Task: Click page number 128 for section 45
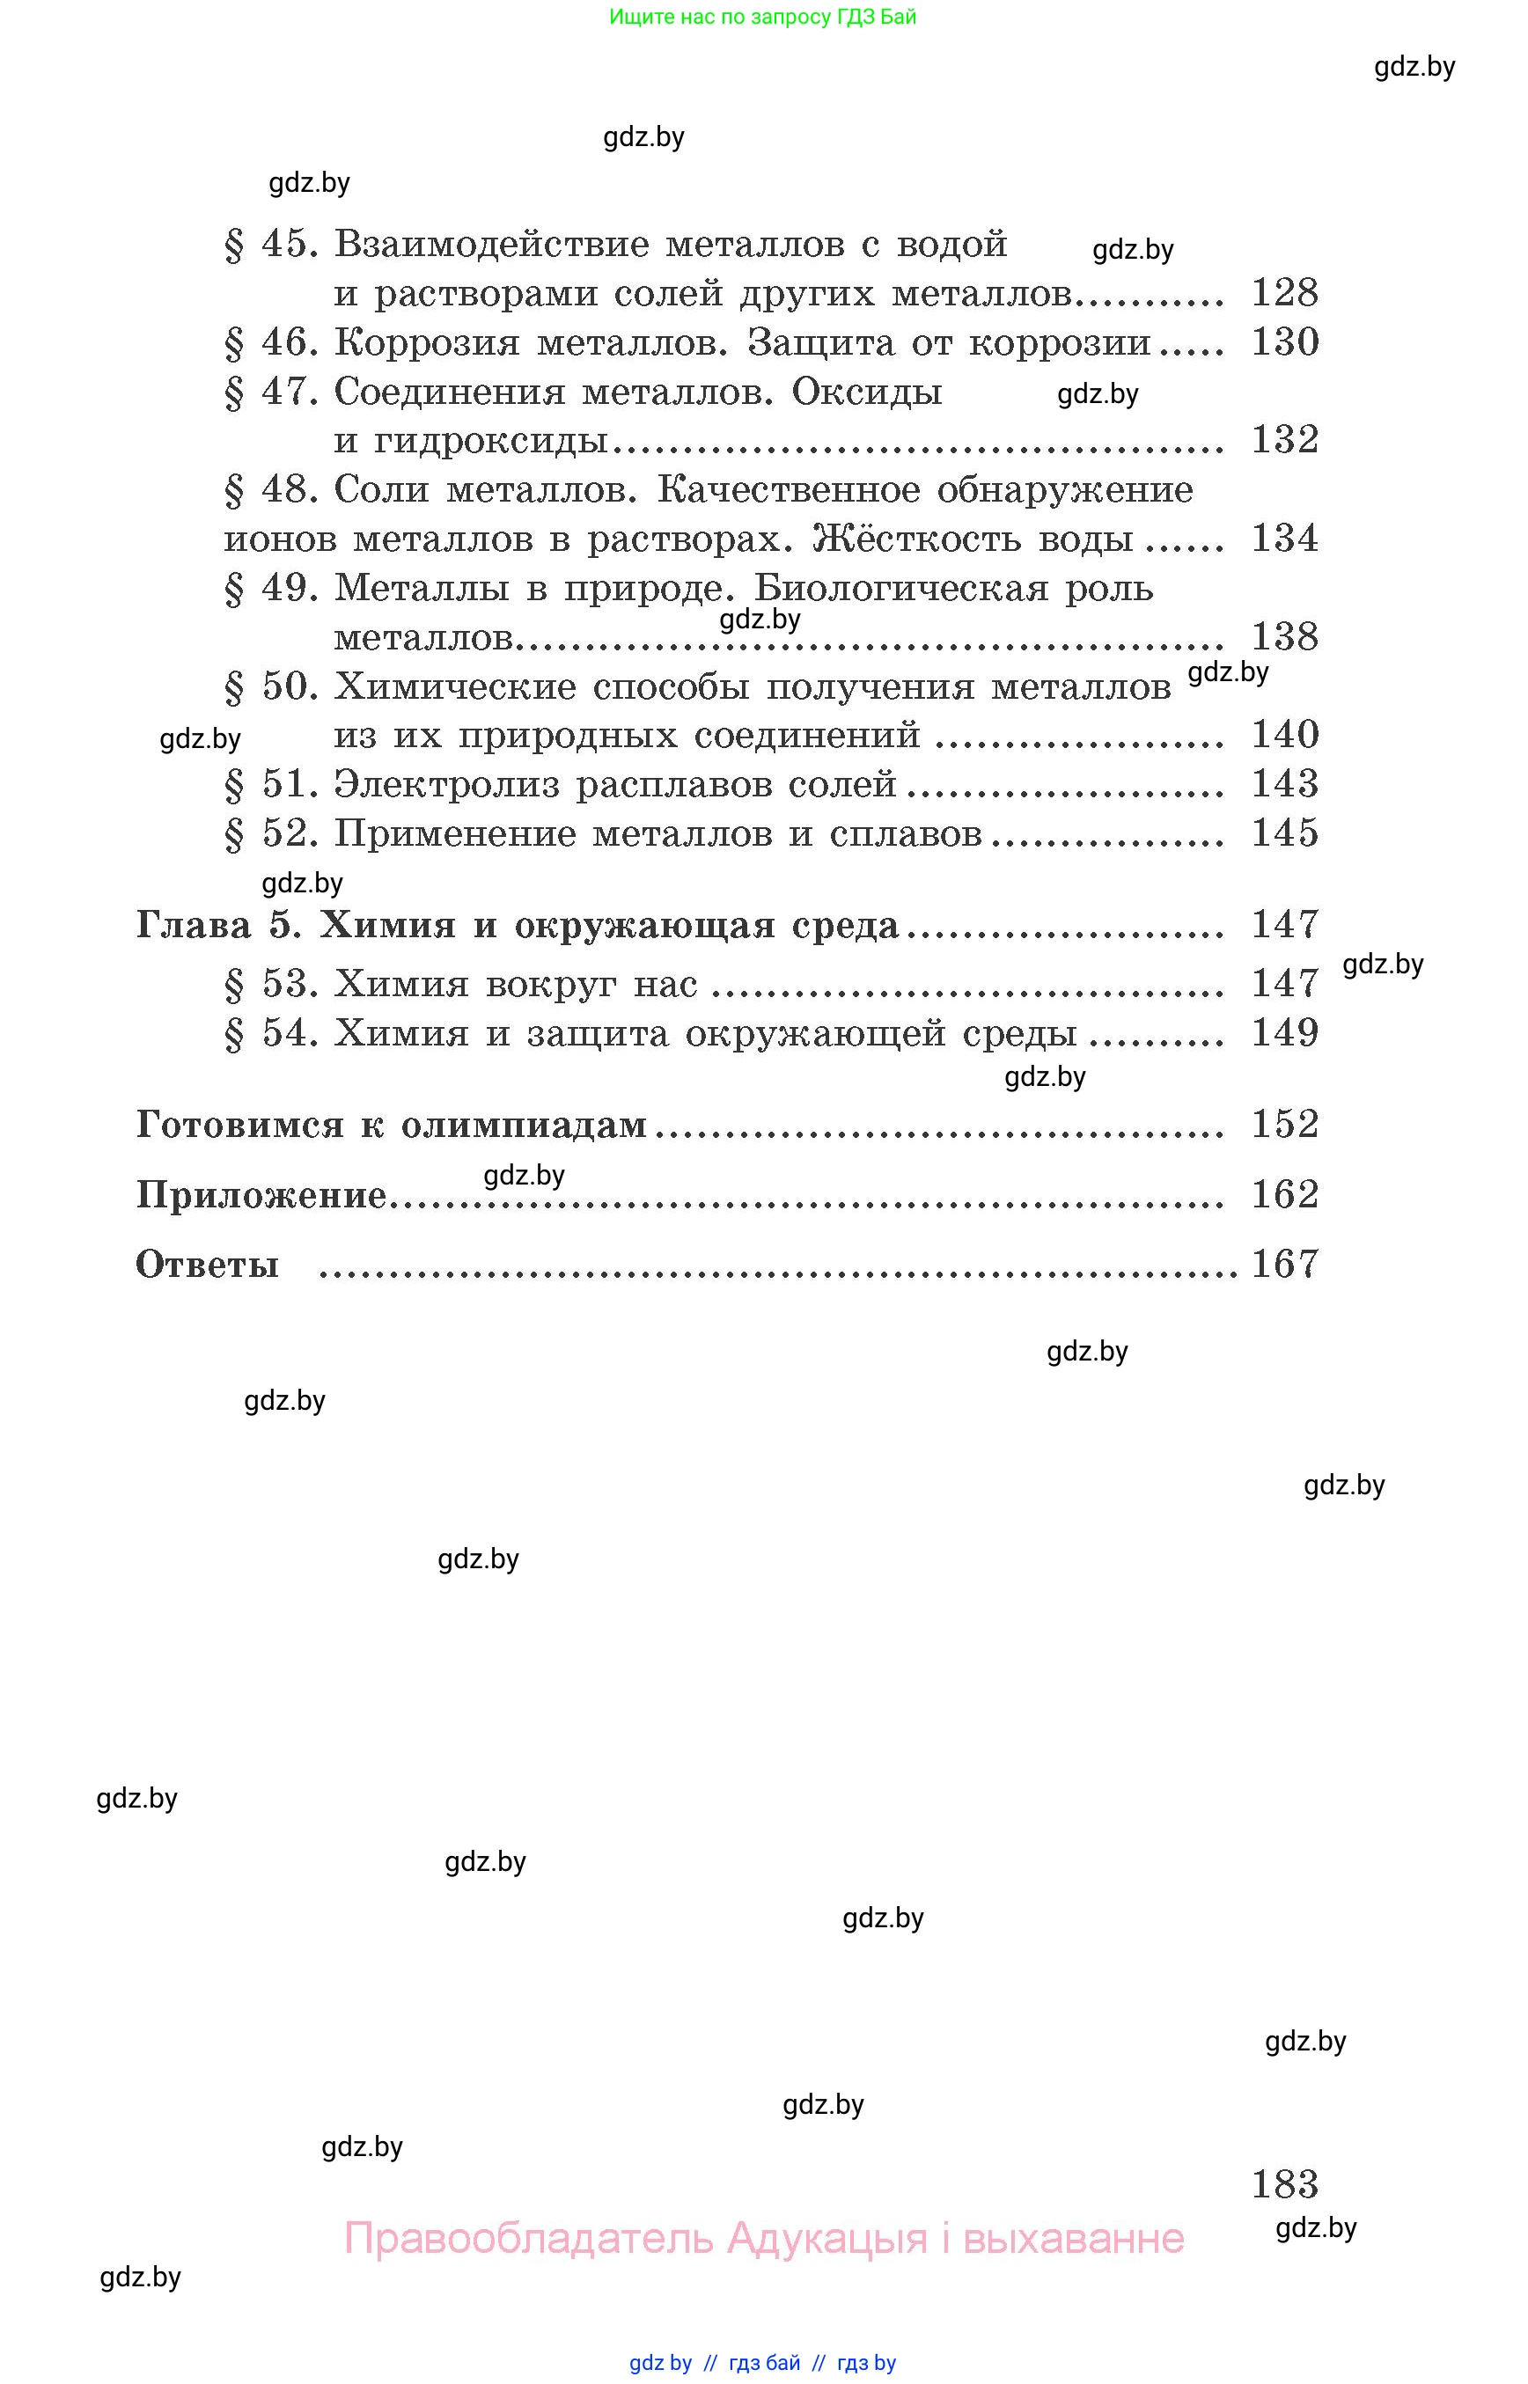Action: point(1284,293)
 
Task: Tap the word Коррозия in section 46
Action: point(427,342)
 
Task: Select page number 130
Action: point(1284,342)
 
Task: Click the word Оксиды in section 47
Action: point(866,392)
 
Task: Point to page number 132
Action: point(1284,439)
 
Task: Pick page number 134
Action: point(1284,539)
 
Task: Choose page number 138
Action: point(1284,637)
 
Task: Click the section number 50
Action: point(288,686)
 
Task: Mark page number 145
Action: point(1284,833)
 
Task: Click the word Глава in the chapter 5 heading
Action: point(194,925)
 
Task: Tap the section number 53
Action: point(288,984)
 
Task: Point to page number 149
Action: point(1284,1033)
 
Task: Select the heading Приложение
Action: point(261,1195)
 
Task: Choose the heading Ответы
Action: point(206,1265)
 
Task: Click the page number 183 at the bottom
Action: point(1284,2183)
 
